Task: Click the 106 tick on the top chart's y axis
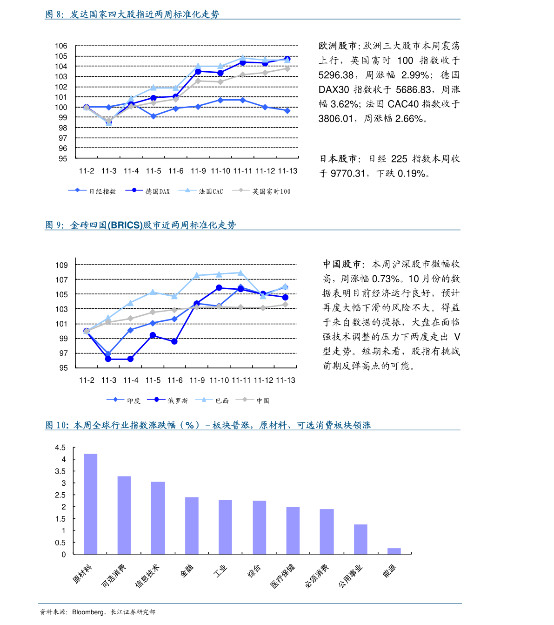(x=61, y=46)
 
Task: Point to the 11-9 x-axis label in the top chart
(x=198, y=171)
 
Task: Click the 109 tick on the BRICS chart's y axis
(x=61, y=265)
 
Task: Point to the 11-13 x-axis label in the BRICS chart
(x=286, y=380)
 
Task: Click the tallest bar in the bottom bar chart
(x=91, y=503)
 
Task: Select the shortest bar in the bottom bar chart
(x=394, y=551)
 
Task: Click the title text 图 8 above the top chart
(x=54, y=14)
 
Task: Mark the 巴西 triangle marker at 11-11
(x=240, y=272)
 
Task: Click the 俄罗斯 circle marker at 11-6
(x=174, y=341)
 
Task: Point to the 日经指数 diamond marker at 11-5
(x=154, y=116)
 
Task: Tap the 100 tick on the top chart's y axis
(x=61, y=107)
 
